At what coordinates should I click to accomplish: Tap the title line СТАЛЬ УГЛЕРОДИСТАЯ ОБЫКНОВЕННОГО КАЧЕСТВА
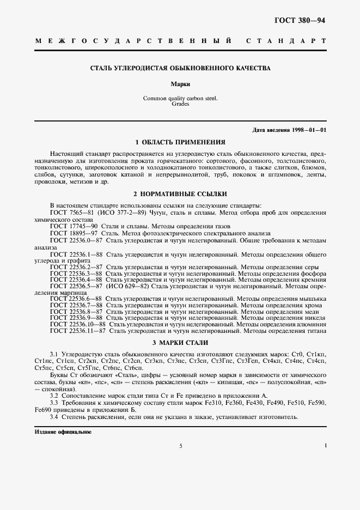[x=180, y=68]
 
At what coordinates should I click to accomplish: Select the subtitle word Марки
[x=180, y=85]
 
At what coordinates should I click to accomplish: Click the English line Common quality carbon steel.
[x=180, y=99]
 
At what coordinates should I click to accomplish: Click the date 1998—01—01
[x=308, y=130]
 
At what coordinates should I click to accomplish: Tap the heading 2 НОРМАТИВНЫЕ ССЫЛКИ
[x=180, y=194]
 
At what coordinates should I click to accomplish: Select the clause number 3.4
[x=54, y=417]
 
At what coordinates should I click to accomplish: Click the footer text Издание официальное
[x=55, y=432]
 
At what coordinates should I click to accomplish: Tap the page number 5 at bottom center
[x=180, y=446]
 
